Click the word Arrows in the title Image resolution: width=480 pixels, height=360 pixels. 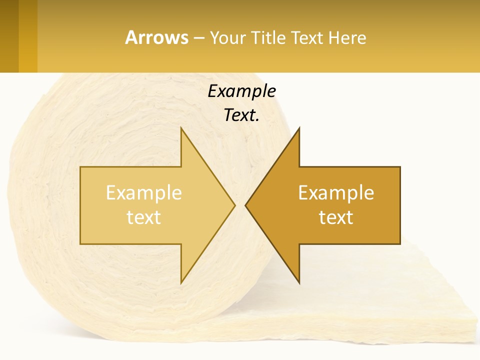pos(156,37)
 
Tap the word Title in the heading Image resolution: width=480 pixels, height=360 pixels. pos(267,37)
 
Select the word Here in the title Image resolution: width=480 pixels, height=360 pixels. pos(347,37)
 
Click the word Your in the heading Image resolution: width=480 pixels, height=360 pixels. pos(228,37)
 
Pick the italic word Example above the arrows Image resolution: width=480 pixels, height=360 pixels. pos(241,91)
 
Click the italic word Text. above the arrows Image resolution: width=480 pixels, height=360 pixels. pos(241,115)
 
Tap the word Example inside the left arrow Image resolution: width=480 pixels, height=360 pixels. pos(144,192)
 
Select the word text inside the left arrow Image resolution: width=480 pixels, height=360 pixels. pos(144,217)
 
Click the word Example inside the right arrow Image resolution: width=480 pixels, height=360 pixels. pos(336,192)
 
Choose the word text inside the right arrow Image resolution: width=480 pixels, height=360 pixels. pos(336,217)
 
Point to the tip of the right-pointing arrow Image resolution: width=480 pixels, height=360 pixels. pos(233,205)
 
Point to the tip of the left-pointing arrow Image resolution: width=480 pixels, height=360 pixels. pos(247,205)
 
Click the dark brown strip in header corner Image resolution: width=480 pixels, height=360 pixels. pos(9,36)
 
